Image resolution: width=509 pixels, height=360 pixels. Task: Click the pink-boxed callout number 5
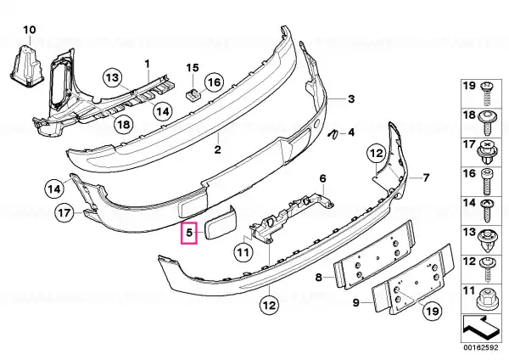pos(189,233)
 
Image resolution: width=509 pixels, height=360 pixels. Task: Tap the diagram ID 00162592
pos(480,347)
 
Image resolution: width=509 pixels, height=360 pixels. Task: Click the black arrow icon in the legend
pos(480,328)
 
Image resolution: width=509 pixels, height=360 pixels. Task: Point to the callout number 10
pos(29,30)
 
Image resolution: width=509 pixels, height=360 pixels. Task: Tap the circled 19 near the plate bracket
pos(433,312)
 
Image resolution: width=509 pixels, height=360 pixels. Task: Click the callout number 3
pos(351,98)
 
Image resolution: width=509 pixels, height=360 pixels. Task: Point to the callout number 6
pos(322,178)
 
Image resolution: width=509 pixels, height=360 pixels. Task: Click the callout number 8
pos(319,277)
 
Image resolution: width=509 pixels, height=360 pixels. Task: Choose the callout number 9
pos(356,303)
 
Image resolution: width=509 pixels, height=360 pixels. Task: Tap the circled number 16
pos(214,82)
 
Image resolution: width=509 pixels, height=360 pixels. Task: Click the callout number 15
pos(193,68)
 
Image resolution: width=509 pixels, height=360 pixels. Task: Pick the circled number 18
pos(124,124)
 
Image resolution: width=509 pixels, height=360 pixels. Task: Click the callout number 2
pos(217,149)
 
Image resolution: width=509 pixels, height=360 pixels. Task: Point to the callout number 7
pos(426,177)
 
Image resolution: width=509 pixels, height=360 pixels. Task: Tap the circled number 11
pos(243,252)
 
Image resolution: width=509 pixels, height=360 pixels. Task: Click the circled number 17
pos(64,213)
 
